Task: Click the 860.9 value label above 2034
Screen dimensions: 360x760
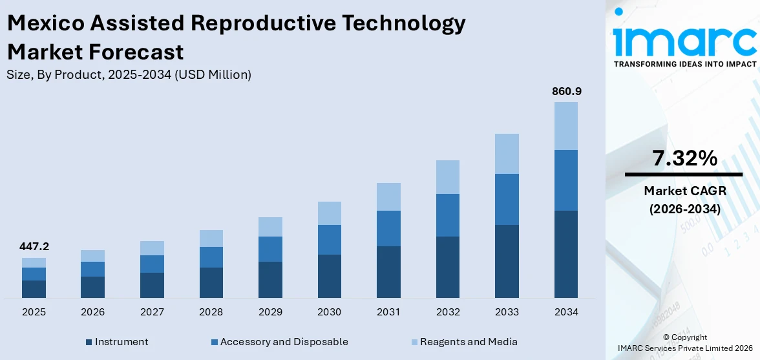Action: coord(566,92)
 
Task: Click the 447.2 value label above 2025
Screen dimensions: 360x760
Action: coord(34,247)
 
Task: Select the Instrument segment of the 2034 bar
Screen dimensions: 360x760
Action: coord(566,254)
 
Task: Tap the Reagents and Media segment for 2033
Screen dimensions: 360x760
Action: coord(507,154)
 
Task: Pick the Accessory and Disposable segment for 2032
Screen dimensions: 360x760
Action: coord(448,215)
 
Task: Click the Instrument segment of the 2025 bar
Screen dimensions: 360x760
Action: coord(34,289)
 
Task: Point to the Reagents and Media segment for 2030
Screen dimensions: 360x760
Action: coord(330,213)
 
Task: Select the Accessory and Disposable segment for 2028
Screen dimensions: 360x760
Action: coord(211,257)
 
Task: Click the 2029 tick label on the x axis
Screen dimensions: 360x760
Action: coord(270,312)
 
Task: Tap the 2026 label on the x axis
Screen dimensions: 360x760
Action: coord(93,312)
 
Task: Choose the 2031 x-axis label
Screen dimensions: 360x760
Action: coord(388,312)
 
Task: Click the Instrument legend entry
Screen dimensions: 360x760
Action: coord(121,342)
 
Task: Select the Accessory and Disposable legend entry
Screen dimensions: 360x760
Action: coord(284,342)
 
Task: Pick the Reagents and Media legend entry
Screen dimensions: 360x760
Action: coord(468,342)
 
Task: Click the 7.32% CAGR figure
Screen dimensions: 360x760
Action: coord(684,158)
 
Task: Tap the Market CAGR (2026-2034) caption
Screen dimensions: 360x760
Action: coord(684,200)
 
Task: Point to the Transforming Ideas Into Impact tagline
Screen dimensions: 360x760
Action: coord(684,64)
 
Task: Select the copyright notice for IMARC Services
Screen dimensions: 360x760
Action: coord(685,343)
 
